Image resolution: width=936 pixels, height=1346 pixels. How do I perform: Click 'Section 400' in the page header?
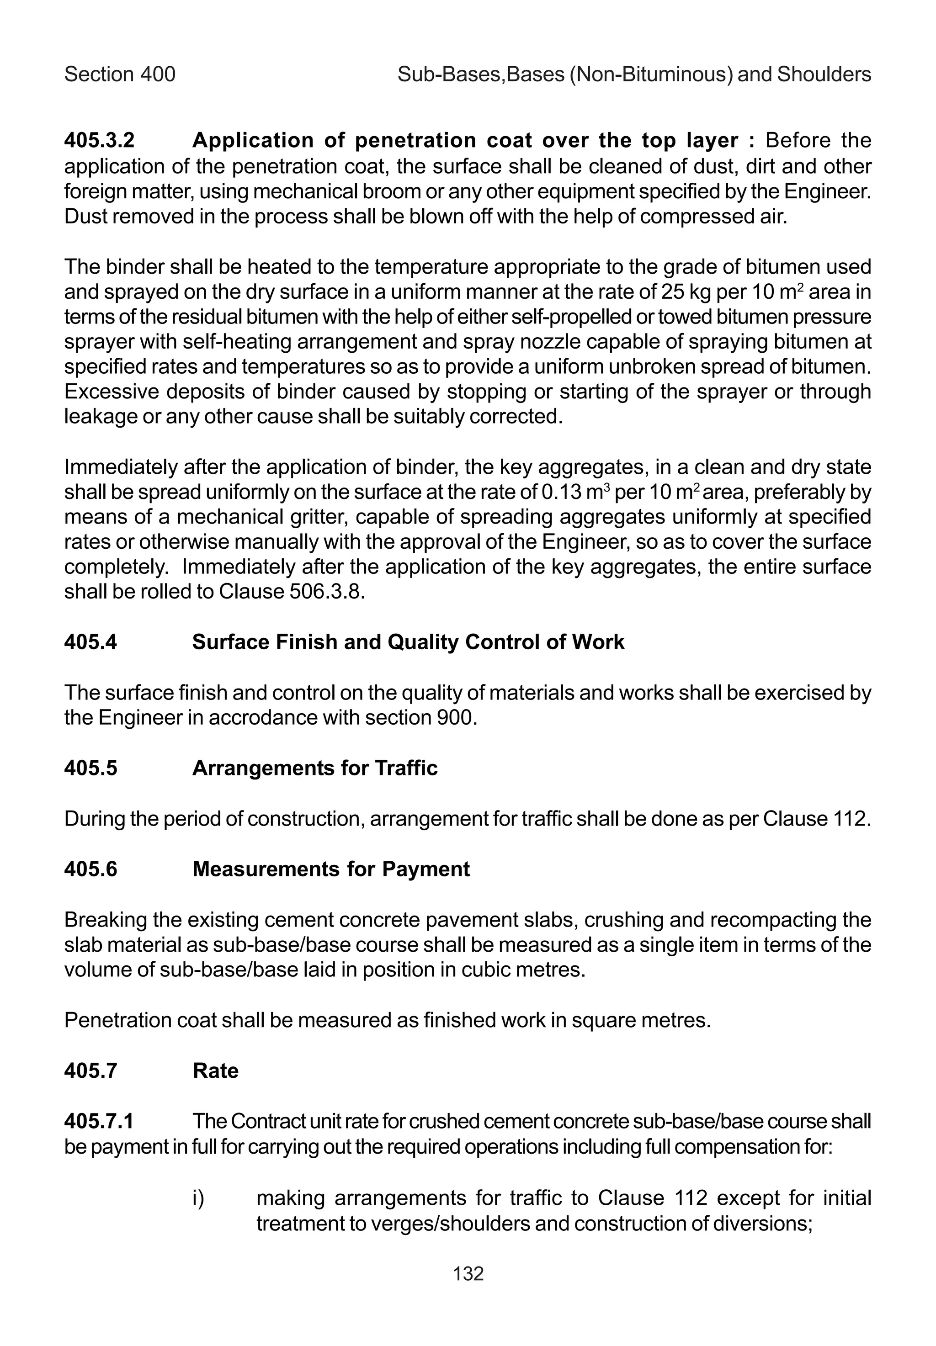[x=120, y=74]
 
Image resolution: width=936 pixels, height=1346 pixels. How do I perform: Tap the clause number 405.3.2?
[x=99, y=141]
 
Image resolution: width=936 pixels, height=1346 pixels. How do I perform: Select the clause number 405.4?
[x=90, y=642]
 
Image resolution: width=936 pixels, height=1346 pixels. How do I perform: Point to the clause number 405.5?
[x=90, y=768]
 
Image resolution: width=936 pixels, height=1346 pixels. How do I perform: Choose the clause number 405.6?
[x=90, y=869]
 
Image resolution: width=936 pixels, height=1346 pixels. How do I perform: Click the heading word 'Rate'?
[x=215, y=1070]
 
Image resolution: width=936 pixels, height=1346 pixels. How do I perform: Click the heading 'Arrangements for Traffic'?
[x=315, y=768]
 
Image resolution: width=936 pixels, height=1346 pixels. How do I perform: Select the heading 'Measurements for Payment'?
[x=331, y=869]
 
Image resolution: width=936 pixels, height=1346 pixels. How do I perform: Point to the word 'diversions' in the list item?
[x=762, y=1224]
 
